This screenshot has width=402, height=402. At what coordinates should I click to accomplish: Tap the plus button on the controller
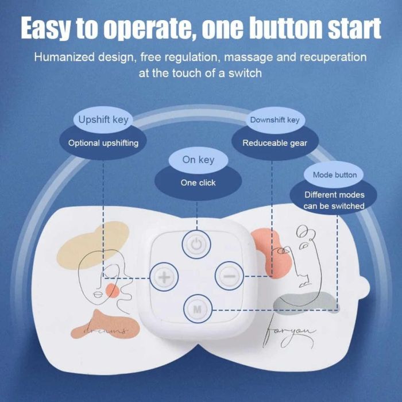[164, 277]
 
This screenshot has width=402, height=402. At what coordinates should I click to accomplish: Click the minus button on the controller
[229, 276]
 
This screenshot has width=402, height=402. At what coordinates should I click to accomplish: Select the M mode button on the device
[198, 309]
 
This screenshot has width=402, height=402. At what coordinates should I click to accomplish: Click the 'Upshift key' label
[103, 119]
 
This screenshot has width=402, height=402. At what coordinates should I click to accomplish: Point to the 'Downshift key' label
[275, 120]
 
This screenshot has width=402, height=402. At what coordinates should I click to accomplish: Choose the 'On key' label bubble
[198, 160]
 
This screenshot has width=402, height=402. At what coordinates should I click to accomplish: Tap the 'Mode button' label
[335, 175]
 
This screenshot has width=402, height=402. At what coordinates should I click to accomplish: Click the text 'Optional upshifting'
[103, 143]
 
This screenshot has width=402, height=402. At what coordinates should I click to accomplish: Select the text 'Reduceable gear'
[275, 143]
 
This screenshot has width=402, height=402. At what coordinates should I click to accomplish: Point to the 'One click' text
[198, 183]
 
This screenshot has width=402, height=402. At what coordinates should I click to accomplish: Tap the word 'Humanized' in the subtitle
[64, 57]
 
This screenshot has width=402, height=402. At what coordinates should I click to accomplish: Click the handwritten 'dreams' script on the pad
[106, 330]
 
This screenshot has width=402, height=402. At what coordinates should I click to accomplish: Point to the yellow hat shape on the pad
[93, 245]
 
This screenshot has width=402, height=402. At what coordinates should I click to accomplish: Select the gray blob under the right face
[304, 301]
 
